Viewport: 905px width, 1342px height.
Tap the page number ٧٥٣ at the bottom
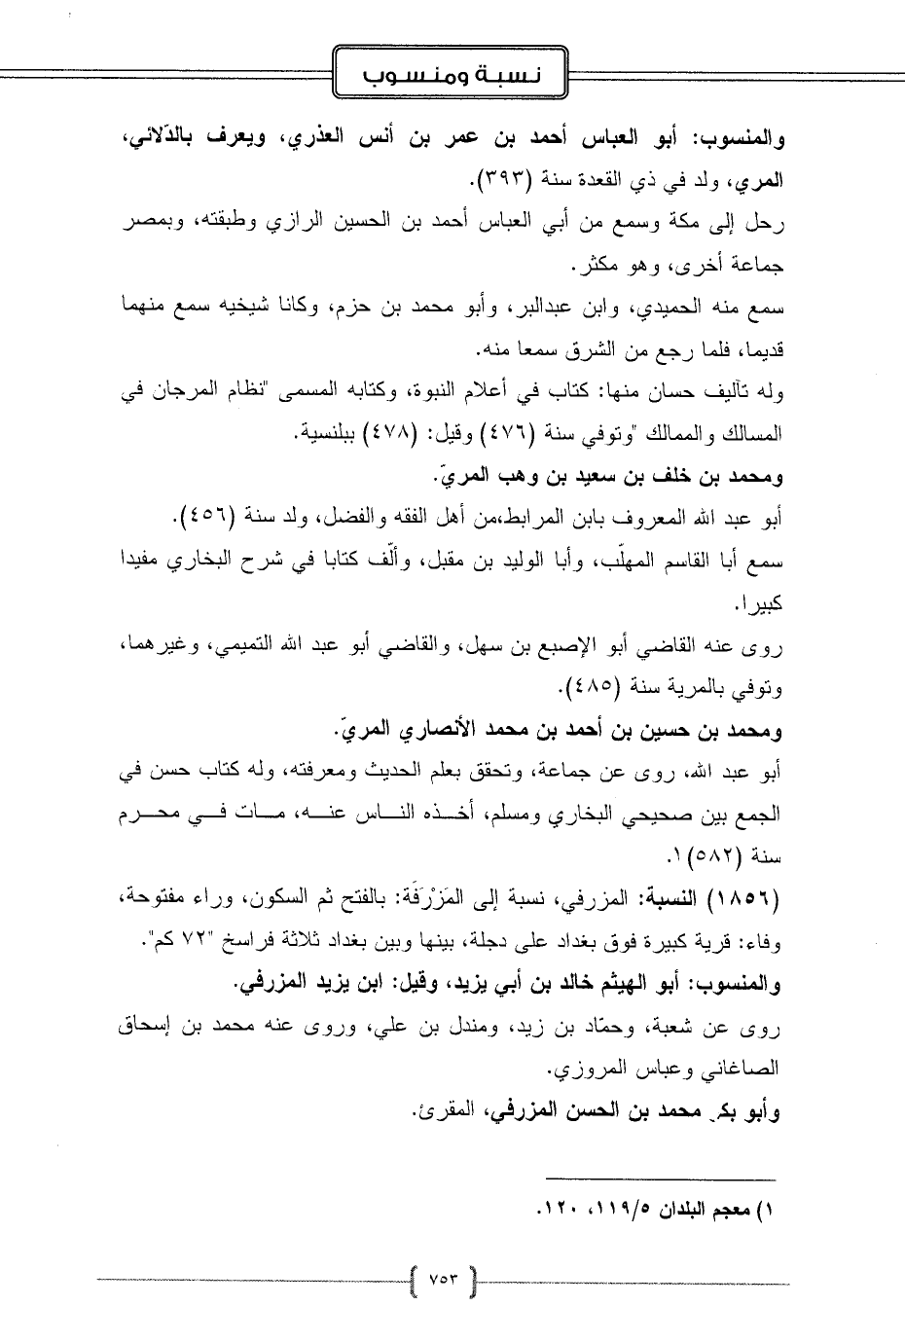(x=444, y=1276)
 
